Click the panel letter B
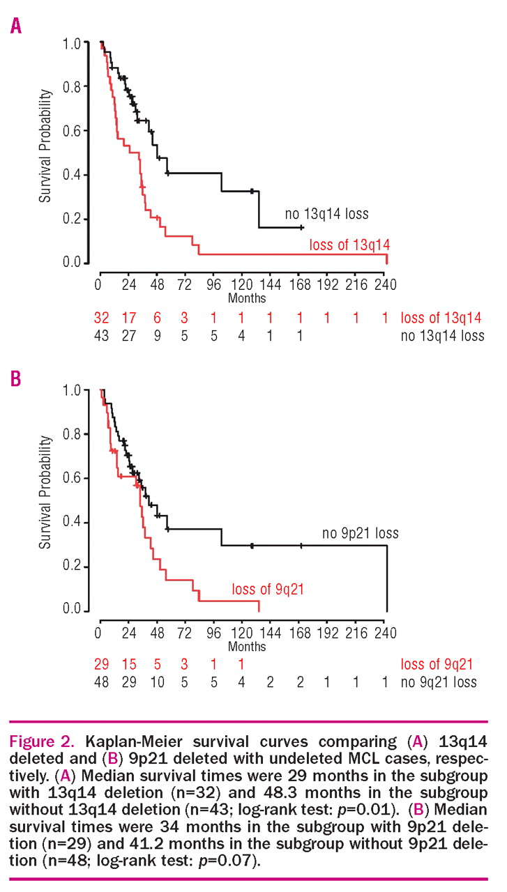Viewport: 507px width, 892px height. pyautogui.click(x=16, y=380)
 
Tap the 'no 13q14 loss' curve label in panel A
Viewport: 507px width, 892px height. pyautogui.click(x=326, y=213)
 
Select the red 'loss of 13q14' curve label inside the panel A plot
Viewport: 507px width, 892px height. pyautogui.click(x=349, y=245)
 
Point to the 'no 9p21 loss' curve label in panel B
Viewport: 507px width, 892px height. pyautogui.click(x=361, y=534)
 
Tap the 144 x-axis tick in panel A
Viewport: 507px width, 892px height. pyautogui.click(x=270, y=286)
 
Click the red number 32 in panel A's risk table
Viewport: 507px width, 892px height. pyautogui.click(x=102, y=318)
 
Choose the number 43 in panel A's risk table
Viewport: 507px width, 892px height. pyautogui.click(x=102, y=336)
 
